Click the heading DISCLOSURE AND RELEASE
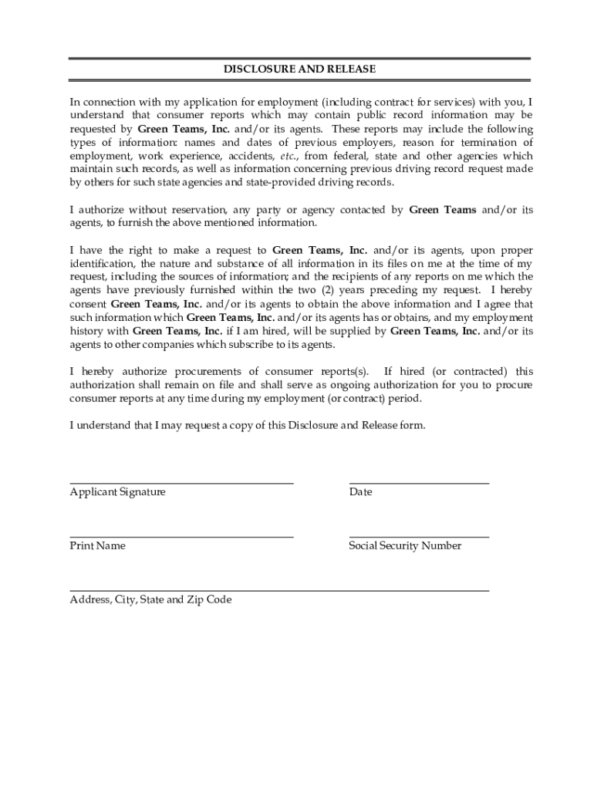coord(299,69)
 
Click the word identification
coord(106,264)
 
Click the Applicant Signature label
coord(117,491)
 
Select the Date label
coord(360,491)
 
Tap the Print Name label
coord(97,545)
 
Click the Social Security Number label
coord(405,545)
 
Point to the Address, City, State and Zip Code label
coord(150,599)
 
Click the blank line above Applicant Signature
coord(181,483)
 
